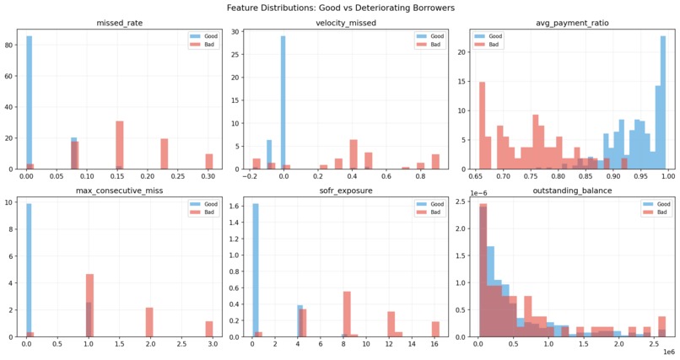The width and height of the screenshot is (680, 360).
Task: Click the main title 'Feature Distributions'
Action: [x=340, y=8]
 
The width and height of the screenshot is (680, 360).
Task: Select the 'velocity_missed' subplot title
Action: [x=340, y=24]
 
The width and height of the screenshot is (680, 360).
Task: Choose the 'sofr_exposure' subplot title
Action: [x=340, y=191]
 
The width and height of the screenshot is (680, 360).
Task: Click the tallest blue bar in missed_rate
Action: [x=29, y=101]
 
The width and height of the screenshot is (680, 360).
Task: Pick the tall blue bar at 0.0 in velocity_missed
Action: [x=283, y=101]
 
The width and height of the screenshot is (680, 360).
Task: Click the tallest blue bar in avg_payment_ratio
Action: [x=663, y=101]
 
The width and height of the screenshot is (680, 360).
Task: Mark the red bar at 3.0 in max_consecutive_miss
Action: [x=209, y=329]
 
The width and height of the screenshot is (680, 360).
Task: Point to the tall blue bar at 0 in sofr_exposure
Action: [x=256, y=270]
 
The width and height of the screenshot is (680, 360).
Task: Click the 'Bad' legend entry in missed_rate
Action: [x=199, y=45]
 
